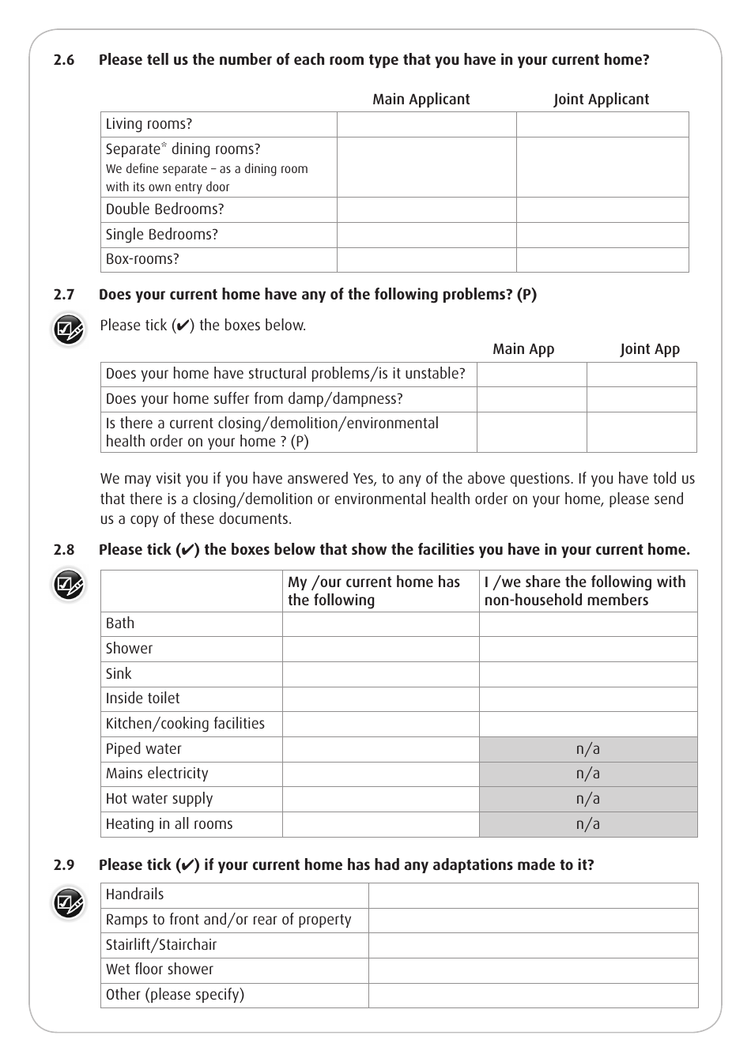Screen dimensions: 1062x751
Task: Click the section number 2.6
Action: [x=64, y=60]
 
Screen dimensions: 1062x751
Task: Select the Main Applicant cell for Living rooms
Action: [x=426, y=124]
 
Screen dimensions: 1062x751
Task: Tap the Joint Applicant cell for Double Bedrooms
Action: [x=602, y=209]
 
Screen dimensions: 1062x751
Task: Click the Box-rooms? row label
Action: [x=142, y=259]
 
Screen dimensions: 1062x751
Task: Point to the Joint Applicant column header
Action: [x=601, y=100]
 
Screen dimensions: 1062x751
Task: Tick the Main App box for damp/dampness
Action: [x=531, y=399]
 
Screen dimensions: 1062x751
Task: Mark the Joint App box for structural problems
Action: [x=641, y=374]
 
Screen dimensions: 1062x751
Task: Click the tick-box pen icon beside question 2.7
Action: [x=68, y=330]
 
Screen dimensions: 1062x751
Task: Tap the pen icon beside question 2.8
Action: [x=68, y=586]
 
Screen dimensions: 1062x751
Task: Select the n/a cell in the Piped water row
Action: [x=587, y=749]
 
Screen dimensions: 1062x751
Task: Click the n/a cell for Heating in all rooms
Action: [x=587, y=824]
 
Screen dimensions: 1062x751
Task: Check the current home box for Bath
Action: [x=380, y=623]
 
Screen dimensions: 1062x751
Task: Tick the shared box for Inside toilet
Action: [x=587, y=699]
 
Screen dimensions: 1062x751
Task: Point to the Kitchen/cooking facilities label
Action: [x=185, y=724]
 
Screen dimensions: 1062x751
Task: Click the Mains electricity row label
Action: [x=157, y=774]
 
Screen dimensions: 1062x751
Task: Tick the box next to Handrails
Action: [x=533, y=895]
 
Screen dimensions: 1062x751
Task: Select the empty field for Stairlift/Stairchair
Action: [x=533, y=945]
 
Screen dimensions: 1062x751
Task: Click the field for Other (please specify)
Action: [x=533, y=995]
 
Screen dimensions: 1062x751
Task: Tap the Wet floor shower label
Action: [x=160, y=970]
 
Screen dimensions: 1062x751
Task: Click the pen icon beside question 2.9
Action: [x=68, y=902]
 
